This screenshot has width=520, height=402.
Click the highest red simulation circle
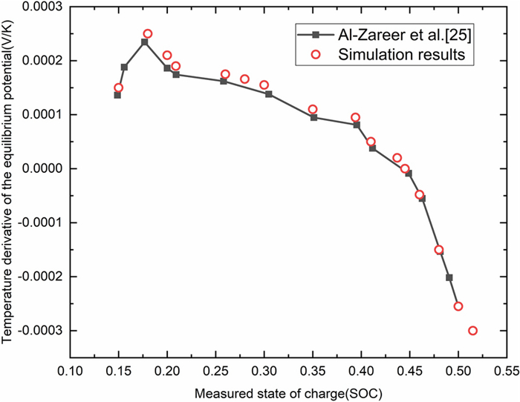tap(148, 33)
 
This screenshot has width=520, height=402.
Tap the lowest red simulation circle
tap(472, 331)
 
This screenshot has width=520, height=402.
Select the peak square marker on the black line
tap(144, 42)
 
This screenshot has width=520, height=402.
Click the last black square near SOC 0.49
tap(449, 277)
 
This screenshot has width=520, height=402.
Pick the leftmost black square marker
tap(117, 95)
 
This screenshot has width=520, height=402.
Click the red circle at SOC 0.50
tap(458, 306)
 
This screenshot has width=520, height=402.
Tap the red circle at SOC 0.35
tap(313, 109)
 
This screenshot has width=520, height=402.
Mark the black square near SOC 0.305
tap(269, 94)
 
